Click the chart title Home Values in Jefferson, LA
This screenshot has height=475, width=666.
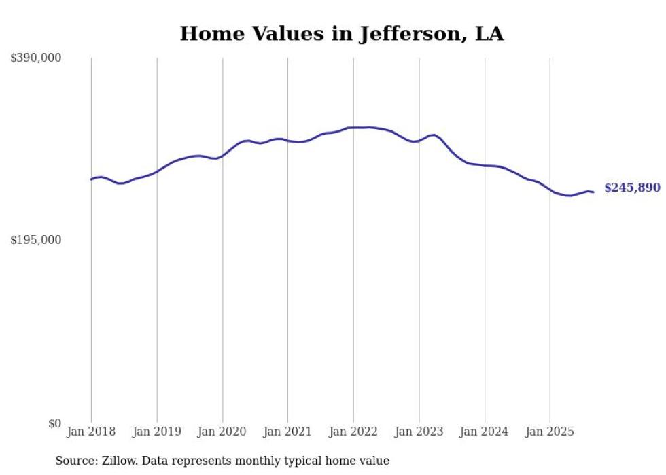pyautogui.click(x=341, y=34)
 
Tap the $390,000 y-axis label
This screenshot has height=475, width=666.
pyautogui.click(x=35, y=58)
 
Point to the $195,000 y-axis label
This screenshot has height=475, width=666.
pyautogui.click(x=35, y=241)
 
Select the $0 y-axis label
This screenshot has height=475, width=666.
pyautogui.click(x=54, y=423)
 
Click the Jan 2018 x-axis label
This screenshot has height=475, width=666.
pyautogui.click(x=91, y=432)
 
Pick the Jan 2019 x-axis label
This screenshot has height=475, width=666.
pyautogui.click(x=157, y=432)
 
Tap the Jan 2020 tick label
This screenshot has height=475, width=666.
pyautogui.click(x=222, y=432)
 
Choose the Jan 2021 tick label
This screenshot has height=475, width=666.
pyautogui.click(x=287, y=432)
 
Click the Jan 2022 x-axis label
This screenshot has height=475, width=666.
pyautogui.click(x=353, y=432)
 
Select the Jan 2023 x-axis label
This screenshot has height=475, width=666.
pyautogui.click(x=419, y=432)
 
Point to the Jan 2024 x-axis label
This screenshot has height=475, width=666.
pyautogui.click(x=485, y=432)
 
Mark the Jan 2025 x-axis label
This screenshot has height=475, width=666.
pyautogui.click(x=550, y=432)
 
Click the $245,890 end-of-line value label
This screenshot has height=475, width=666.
pyautogui.click(x=632, y=188)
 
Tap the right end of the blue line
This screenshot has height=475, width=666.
pyautogui.click(x=593, y=192)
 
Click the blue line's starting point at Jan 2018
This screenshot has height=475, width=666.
pyautogui.click(x=91, y=179)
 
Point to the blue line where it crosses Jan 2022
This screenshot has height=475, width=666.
pyautogui.click(x=353, y=128)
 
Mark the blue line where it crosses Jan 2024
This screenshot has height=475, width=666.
pyautogui.click(x=485, y=165)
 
